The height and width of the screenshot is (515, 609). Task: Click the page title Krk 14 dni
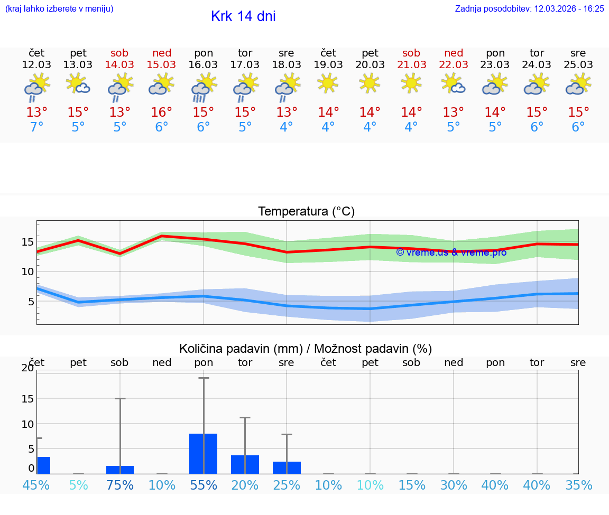tap(243, 16)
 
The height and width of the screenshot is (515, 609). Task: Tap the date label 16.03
tap(203, 65)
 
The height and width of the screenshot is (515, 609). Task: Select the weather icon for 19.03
tap(328, 83)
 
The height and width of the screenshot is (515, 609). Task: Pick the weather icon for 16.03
tap(203, 88)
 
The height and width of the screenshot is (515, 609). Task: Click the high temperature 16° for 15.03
tap(161, 112)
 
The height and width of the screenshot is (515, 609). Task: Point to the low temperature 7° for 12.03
tap(36, 127)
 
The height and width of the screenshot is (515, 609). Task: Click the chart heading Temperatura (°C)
tap(306, 212)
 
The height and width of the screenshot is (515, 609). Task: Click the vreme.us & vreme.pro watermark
tap(451, 252)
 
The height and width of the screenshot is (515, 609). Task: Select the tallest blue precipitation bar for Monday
tap(204, 453)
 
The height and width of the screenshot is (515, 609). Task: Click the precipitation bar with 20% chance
tap(245, 464)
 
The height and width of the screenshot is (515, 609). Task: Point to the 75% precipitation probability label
tap(120, 485)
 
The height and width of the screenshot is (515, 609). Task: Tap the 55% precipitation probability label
tap(204, 485)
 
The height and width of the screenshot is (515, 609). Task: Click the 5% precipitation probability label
tap(78, 485)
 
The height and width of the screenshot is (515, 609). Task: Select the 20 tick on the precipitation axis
tap(27, 368)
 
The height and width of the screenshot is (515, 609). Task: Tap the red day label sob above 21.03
tap(411, 53)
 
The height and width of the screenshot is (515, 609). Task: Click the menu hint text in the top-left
tap(59, 8)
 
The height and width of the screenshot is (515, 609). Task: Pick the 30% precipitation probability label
tap(454, 485)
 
